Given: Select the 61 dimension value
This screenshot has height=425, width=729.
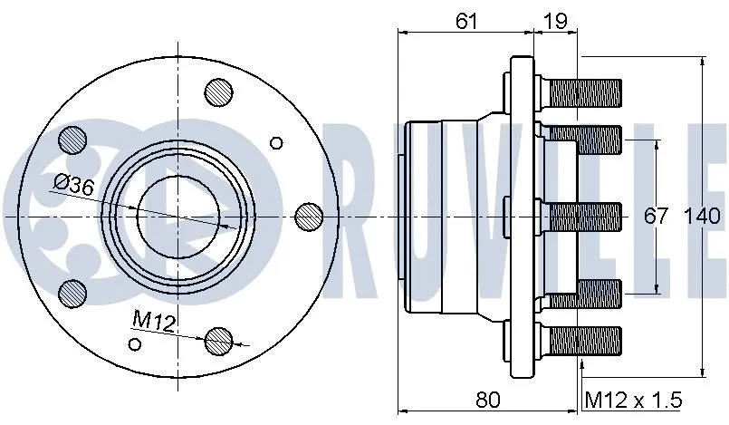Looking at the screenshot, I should point(466,21).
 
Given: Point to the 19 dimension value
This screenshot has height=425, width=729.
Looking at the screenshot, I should point(554,21).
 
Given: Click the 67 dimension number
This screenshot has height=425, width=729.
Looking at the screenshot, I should point(656,217).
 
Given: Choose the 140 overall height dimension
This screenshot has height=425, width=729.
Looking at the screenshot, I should point(702,217).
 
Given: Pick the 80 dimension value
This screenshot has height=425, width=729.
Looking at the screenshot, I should point(488,399).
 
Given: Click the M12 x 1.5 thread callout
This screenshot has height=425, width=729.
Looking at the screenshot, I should point(633,400).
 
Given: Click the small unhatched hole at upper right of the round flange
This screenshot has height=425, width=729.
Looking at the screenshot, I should point(277,142).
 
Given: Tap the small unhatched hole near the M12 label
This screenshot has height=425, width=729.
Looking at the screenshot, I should point(136,343).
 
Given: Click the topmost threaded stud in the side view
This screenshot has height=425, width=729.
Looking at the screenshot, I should point(584,92).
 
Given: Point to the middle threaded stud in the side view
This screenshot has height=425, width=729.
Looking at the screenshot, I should point(584,217).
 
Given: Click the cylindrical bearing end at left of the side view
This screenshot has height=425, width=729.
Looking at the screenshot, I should point(413,217).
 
